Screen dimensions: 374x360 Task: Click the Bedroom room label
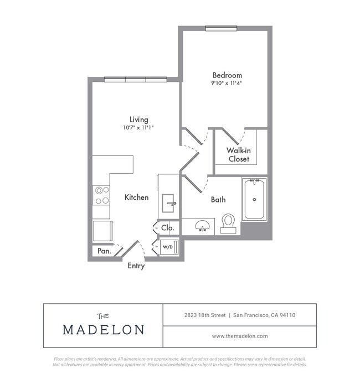[x=227, y=75]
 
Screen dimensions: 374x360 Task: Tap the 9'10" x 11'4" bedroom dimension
[x=227, y=83]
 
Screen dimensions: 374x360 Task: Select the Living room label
[x=138, y=120]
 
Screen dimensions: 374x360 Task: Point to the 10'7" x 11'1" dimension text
[x=138, y=127]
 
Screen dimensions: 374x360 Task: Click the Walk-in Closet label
[x=238, y=155]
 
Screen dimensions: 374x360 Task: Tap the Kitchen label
[x=136, y=197]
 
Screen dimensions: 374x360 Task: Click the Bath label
[x=218, y=200]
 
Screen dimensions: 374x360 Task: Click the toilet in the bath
[x=228, y=222]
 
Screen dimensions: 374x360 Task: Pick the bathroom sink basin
[x=202, y=226]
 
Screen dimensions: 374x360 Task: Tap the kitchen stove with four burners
[x=101, y=195]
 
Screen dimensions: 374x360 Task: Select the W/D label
[x=167, y=247]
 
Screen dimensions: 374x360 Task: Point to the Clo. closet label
[x=167, y=227]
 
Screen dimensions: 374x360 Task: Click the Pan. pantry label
[x=104, y=251]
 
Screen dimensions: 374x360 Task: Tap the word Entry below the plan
[x=136, y=266]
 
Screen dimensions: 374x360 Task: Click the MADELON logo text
[x=103, y=330]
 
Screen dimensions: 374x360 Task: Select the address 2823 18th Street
[x=205, y=315]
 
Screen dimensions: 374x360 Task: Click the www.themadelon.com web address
[x=240, y=336]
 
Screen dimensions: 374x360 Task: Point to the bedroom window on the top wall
[x=221, y=29]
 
